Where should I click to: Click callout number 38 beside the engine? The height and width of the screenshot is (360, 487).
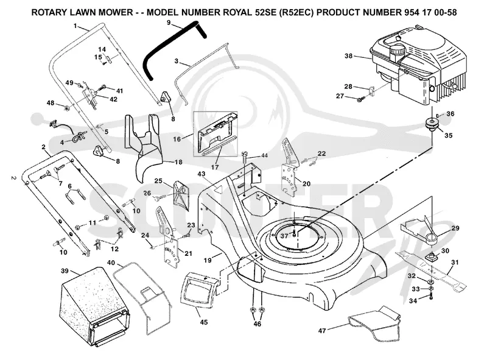348,56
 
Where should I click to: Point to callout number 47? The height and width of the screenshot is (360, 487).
322,330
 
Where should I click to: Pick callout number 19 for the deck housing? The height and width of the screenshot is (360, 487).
208,259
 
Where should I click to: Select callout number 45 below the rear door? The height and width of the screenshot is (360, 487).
204,322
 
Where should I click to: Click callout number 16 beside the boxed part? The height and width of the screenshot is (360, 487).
177,139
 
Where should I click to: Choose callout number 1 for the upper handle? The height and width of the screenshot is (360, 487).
75,26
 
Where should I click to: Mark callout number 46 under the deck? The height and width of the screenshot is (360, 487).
257,324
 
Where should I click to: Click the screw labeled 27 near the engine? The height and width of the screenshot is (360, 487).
361,99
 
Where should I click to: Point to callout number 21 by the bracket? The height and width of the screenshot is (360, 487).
189,253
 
